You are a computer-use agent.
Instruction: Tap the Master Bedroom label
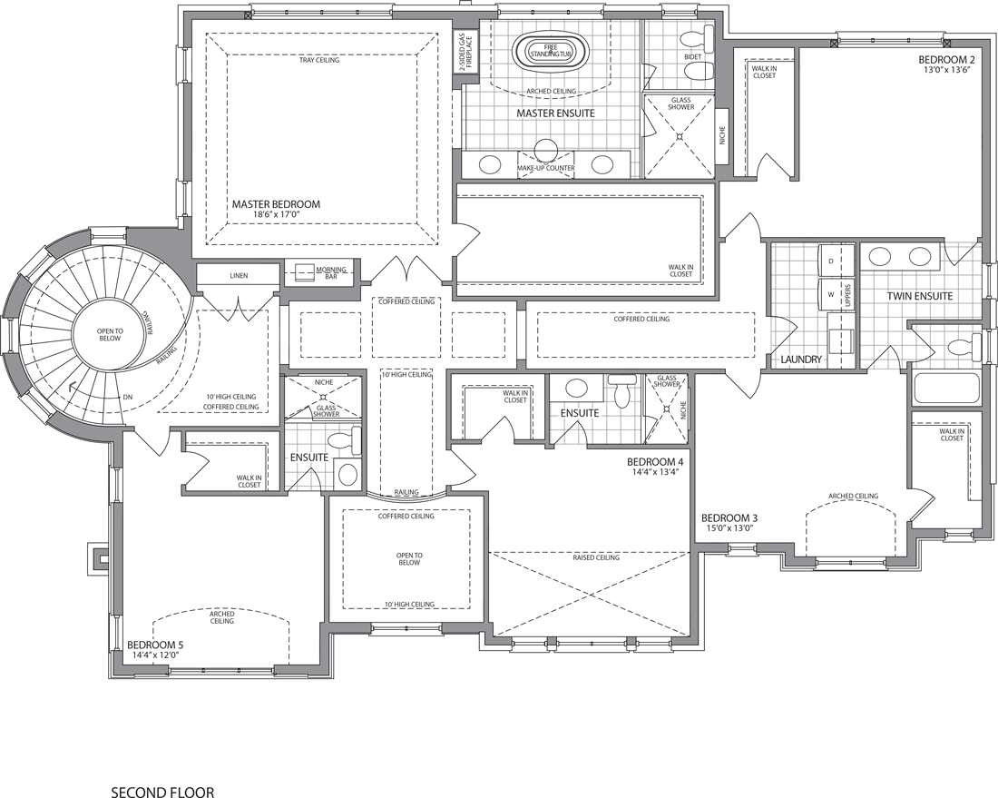(x=276, y=204)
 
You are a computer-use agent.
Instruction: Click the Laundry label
(x=801, y=360)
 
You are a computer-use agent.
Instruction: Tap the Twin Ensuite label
(x=920, y=296)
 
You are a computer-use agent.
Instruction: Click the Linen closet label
(x=239, y=276)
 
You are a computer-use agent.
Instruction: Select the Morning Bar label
(x=331, y=273)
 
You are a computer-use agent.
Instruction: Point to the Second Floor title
(x=163, y=793)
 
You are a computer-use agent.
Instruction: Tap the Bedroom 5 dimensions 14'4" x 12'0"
(x=156, y=654)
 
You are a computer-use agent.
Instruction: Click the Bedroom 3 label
(x=729, y=517)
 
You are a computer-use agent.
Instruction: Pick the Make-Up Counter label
(x=545, y=168)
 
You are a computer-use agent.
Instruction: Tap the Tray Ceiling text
(x=319, y=61)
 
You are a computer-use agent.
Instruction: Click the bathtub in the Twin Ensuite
(x=946, y=389)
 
